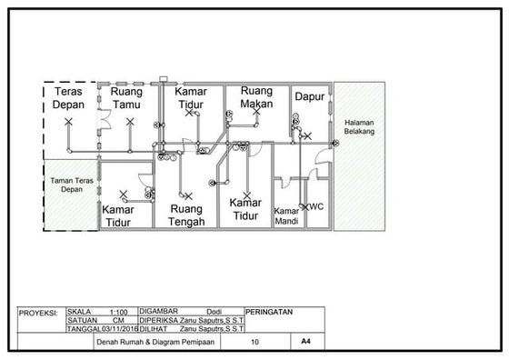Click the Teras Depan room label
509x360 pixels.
point(70,98)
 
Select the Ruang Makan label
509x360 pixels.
point(257,96)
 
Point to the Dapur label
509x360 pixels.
point(309,95)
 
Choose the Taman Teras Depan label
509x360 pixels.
point(71,185)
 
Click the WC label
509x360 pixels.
point(316,206)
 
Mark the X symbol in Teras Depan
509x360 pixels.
point(68,121)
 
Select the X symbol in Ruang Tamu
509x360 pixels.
point(130,120)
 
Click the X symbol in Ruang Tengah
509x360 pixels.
point(188,195)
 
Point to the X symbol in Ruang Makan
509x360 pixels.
point(256,114)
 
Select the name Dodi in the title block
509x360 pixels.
point(215,311)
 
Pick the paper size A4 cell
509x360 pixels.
point(304,344)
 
